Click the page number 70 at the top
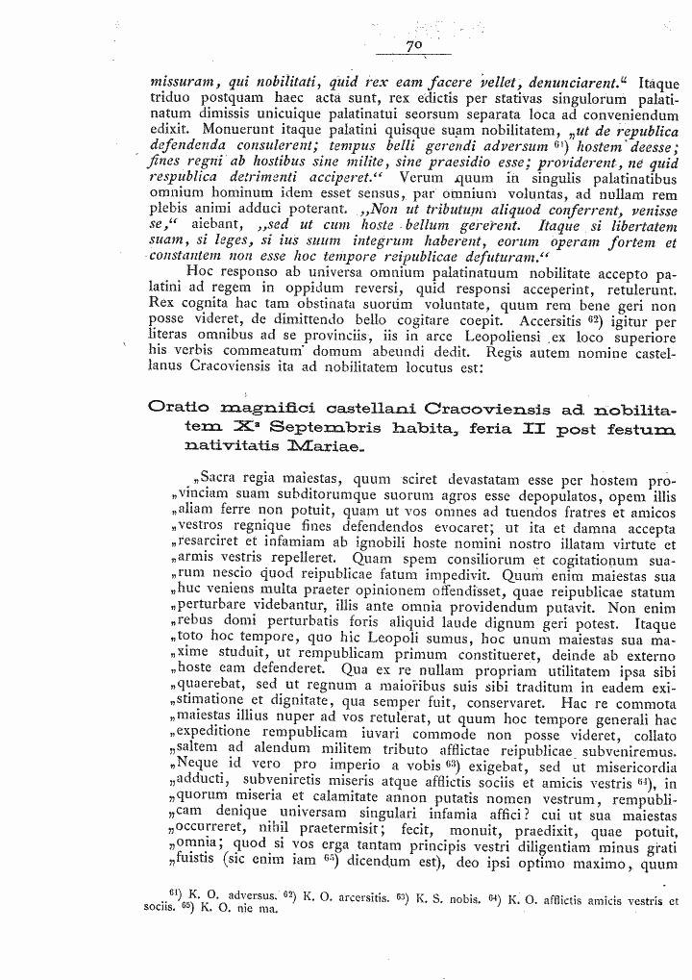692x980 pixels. [415, 45]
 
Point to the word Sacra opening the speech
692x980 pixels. [224, 480]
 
